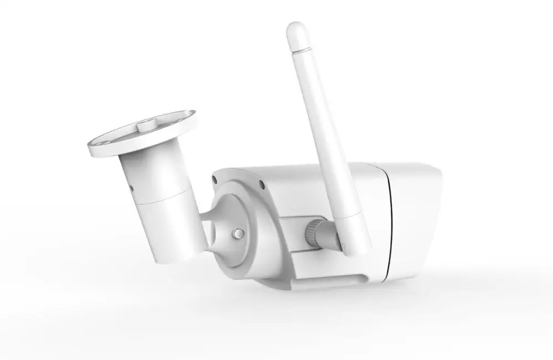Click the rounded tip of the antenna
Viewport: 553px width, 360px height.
point(297,27)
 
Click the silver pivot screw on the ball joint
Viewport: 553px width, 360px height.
point(237,234)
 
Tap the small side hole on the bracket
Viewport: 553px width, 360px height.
point(131,190)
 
